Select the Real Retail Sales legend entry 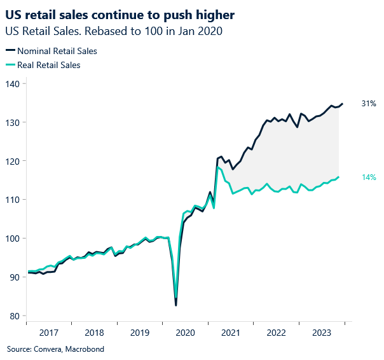coord(48,64)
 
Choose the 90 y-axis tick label coord(14,277)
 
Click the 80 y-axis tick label coord(14,316)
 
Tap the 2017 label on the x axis coord(49,333)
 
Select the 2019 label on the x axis coord(139,333)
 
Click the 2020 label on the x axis coord(185,333)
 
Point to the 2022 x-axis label coord(276,333)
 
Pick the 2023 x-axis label coord(321,333)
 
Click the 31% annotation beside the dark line coord(369,103)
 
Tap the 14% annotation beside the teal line coord(369,177)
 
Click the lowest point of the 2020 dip coord(176,305)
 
